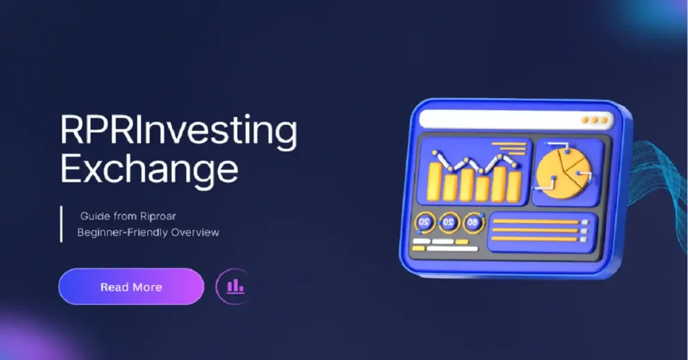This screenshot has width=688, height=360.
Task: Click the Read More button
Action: [131, 287]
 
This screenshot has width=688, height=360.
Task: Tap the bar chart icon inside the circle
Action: [235, 287]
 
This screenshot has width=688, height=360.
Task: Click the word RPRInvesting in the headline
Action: [178, 132]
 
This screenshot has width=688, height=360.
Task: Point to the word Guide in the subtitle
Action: [95, 216]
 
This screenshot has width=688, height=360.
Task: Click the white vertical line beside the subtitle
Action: [61, 224]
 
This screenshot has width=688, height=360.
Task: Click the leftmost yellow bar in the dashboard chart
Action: [435, 181]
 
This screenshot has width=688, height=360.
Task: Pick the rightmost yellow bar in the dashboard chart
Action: [514, 185]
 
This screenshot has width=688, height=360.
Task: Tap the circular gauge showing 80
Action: [473, 222]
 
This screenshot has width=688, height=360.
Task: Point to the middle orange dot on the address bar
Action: [595, 121]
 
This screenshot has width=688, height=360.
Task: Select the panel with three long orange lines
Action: [540, 231]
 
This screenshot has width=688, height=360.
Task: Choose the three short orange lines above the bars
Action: [509, 148]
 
